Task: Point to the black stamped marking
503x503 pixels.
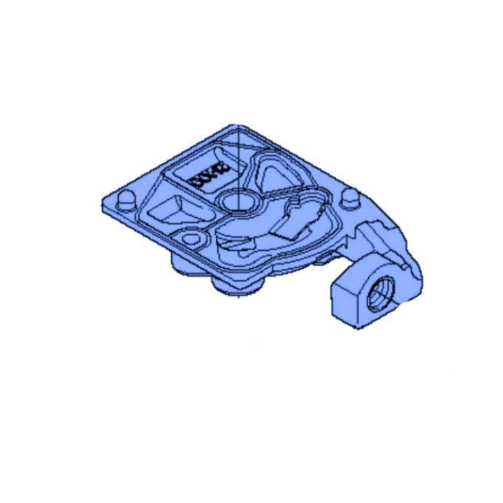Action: coord(206,176)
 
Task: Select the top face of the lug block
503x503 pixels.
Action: coord(363,269)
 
